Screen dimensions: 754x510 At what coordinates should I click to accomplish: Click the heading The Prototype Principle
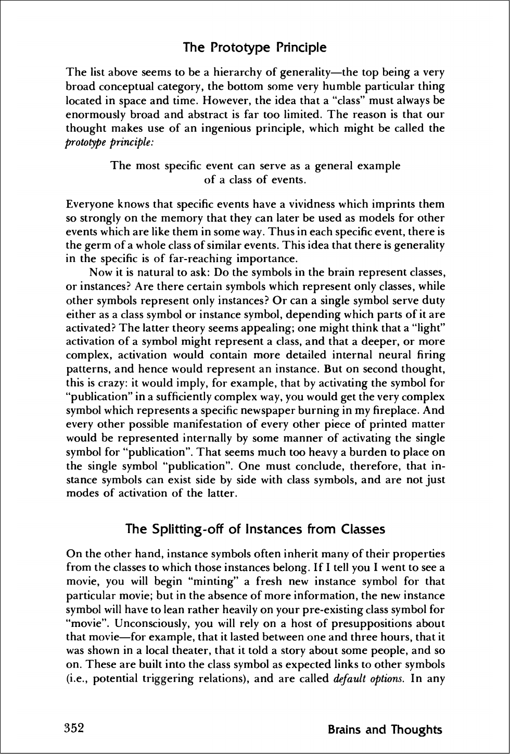tap(255, 48)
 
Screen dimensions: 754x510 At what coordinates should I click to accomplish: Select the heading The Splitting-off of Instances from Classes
tap(256, 529)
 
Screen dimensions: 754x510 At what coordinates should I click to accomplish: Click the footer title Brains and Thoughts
tap(385, 730)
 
